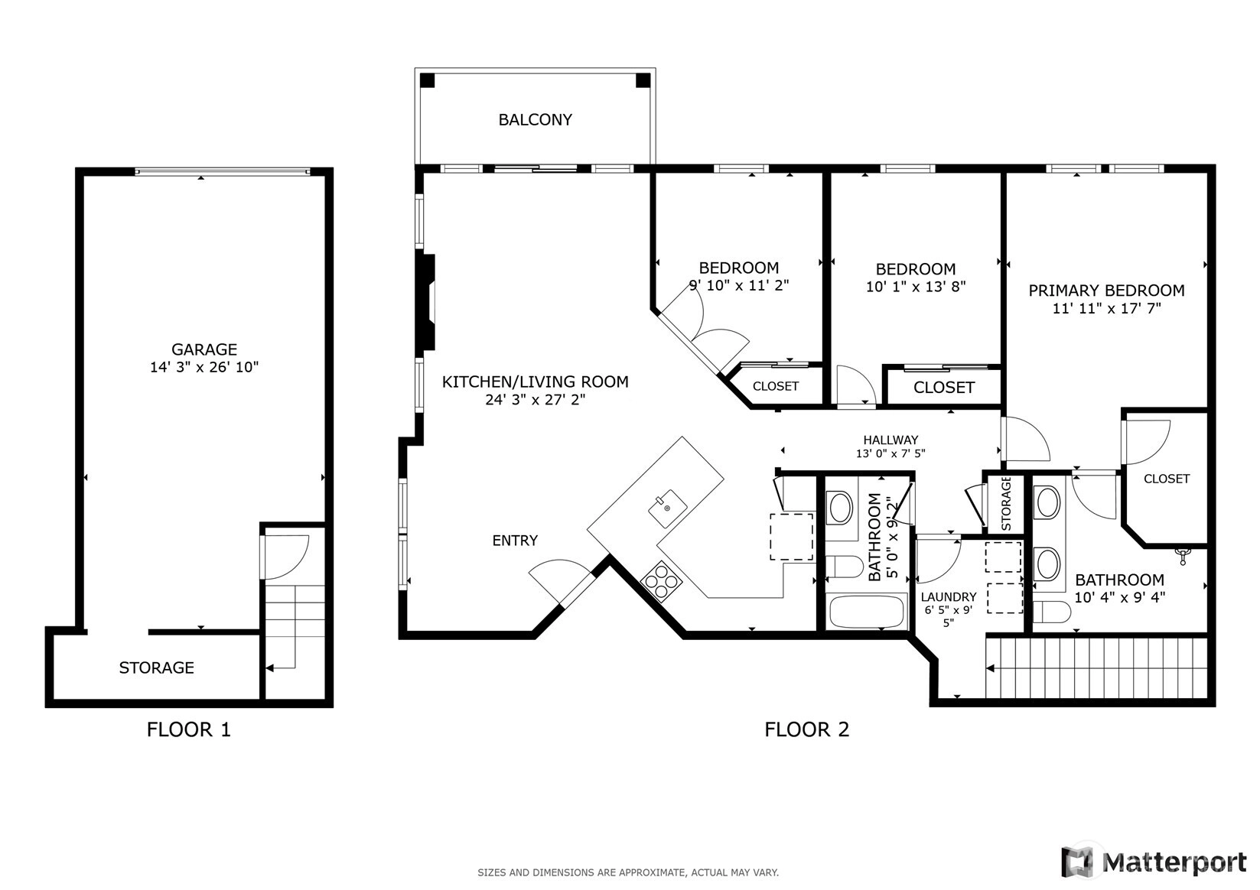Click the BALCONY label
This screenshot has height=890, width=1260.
click(x=535, y=120)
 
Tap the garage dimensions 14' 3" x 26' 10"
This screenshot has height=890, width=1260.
click(x=204, y=367)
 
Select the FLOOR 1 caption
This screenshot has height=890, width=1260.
click(x=188, y=729)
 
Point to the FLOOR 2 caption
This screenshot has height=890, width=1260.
click(x=806, y=729)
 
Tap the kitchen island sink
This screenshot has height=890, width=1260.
click(x=667, y=508)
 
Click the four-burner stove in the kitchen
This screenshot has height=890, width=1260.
click(x=661, y=581)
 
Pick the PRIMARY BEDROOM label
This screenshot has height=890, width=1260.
click(x=1106, y=291)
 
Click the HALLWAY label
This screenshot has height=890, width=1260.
click(x=890, y=440)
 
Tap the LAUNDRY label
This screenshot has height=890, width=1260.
click(x=949, y=596)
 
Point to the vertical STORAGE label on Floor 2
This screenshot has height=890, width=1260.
click(x=1006, y=503)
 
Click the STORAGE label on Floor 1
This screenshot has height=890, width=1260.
click(x=156, y=667)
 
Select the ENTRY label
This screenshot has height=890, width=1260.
click(x=515, y=541)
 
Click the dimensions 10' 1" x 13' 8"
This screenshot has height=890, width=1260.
click(x=916, y=287)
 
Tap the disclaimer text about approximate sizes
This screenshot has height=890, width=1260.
click(x=628, y=872)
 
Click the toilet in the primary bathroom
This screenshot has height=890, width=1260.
click(x=1051, y=612)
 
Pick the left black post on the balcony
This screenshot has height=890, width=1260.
click(x=427, y=80)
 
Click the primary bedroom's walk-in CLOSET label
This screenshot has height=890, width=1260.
click(x=1167, y=479)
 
